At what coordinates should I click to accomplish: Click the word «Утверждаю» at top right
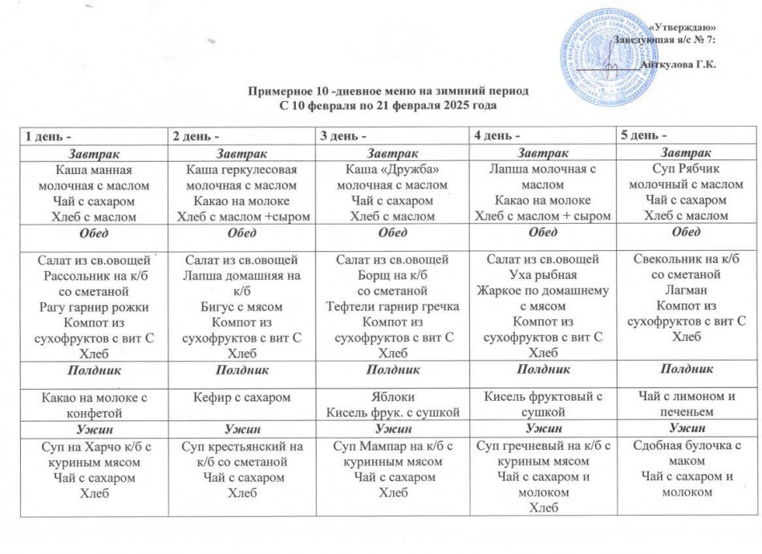point(681,28)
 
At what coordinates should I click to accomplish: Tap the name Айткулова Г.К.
point(679,63)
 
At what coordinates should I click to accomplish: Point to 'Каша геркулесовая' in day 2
point(241,169)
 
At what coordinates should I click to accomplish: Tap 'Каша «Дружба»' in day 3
point(394,169)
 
